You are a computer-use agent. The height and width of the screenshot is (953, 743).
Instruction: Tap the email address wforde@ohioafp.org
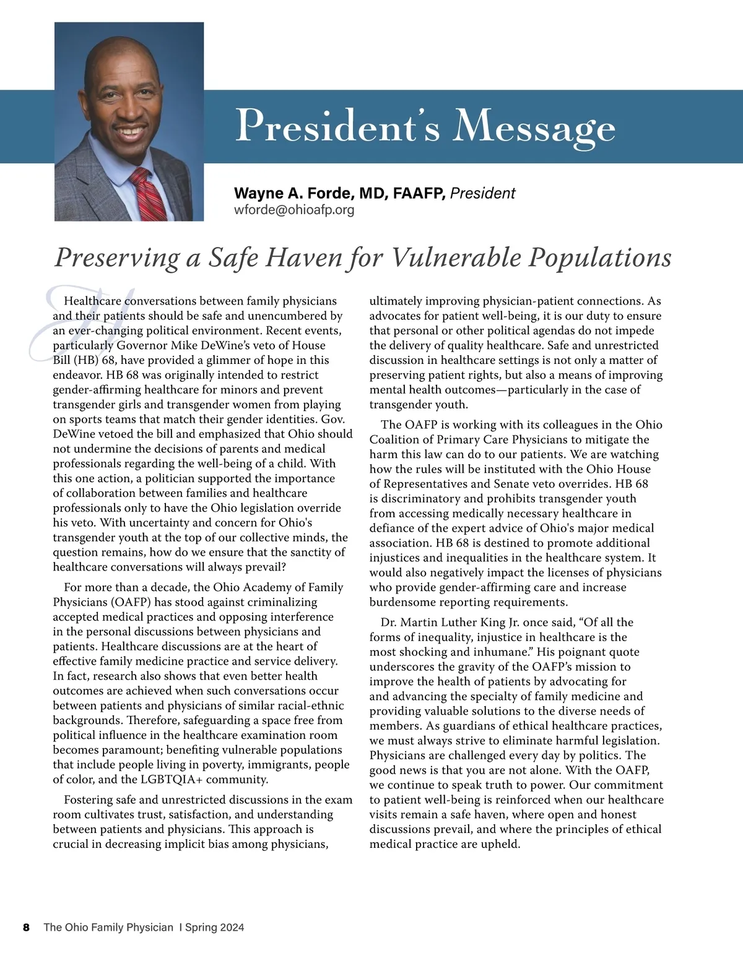(x=294, y=210)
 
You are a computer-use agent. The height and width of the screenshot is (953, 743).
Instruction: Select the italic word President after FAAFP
(x=482, y=194)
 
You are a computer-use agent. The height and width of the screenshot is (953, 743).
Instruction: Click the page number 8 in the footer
(x=26, y=927)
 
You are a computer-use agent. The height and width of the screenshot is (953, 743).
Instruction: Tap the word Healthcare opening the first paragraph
(x=93, y=301)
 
